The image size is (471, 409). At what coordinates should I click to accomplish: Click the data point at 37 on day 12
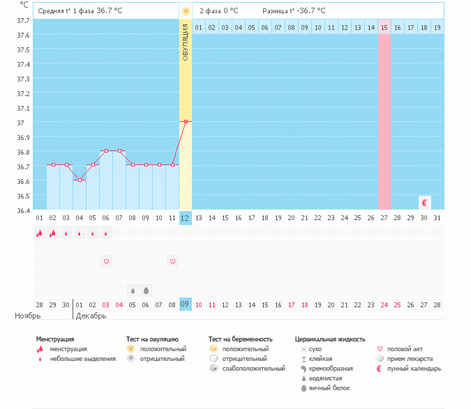pyautogui.click(x=185, y=121)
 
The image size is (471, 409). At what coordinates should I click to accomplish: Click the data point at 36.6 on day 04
pyautogui.click(x=80, y=180)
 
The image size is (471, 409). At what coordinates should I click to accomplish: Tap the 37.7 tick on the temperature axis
pyautogui.click(x=22, y=20)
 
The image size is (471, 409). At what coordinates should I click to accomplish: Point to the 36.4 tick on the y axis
pyautogui.click(x=22, y=210)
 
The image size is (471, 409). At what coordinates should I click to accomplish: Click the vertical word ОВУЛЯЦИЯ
pyautogui.click(x=186, y=43)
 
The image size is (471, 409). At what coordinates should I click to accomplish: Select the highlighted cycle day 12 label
pyautogui.click(x=185, y=217)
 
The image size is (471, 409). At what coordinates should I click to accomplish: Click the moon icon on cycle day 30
pyautogui.click(x=425, y=202)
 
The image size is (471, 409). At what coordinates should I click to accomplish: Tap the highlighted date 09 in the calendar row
pyautogui.click(x=185, y=304)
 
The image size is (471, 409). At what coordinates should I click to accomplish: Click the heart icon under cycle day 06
pyautogui.click(x=106, y=261)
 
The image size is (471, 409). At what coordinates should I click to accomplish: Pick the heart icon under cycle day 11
pyautogui.click(x=172, y=261)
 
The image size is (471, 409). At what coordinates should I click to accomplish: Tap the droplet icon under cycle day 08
pyautogui.click(x=133, y=290)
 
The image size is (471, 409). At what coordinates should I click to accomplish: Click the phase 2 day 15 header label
pyautogui.click(x=384, y=27)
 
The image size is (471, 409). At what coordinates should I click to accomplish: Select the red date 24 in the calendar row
pyautogui.click(x=384, y=304)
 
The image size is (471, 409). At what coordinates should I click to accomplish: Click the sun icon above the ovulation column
pyautogui.click(x=186, y=11)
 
